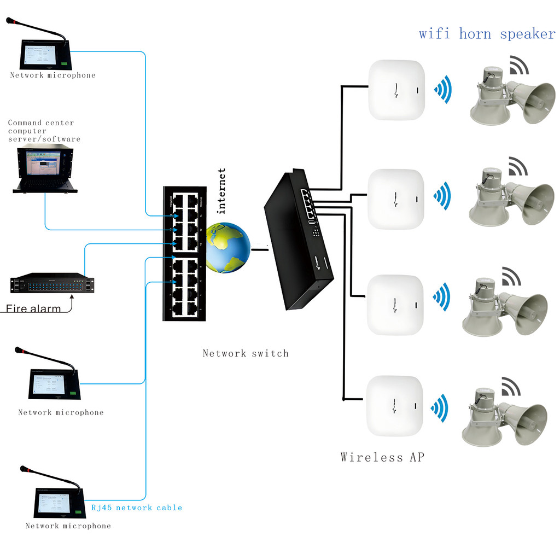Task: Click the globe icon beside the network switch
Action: (228, 248)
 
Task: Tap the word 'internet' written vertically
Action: (221, 191)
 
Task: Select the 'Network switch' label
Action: (245, 353)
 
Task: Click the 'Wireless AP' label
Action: (382, 457)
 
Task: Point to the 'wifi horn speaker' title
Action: (487, 34)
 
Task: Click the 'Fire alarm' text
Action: (34, 309)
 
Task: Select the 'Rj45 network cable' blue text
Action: (136, 507)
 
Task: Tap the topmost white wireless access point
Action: (396, 90)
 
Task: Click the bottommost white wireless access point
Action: (395, 406)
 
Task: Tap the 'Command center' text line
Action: (40, 123)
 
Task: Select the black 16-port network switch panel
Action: (184, 253)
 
